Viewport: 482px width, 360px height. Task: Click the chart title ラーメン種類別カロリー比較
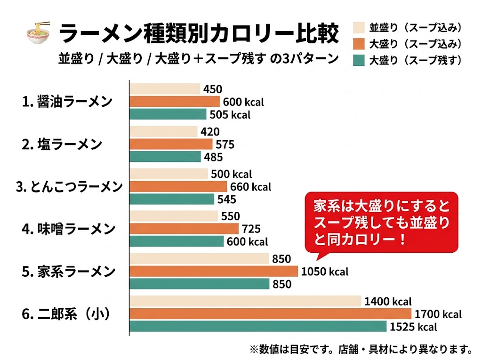coord(199,34)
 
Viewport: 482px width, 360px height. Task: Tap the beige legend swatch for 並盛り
coord(359,27)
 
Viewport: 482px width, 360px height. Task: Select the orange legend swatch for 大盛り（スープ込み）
coord(359,44)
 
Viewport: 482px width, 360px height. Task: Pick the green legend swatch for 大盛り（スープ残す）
coord(359,60)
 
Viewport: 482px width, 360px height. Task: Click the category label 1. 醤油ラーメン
coord(67,101)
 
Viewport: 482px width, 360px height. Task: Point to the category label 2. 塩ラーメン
coord(62,144)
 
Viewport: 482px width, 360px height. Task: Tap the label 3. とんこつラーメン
coord(69,186)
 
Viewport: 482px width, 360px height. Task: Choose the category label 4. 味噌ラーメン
coord(68,229)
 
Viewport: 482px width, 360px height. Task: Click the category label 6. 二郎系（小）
coord(66,314)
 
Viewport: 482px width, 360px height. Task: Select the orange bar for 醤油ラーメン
coord(175,102)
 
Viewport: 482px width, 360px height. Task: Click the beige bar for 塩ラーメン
coord(163,131)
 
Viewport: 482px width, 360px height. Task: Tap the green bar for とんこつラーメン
coord(172,199)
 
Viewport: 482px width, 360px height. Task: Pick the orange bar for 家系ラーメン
coord(214,272)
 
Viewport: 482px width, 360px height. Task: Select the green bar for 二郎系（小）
coord(258,327)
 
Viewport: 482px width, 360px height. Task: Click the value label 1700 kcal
coord(438,314)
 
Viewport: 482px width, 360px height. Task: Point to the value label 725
coord(251,229)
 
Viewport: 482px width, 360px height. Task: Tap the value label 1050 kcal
coord(325,272)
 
